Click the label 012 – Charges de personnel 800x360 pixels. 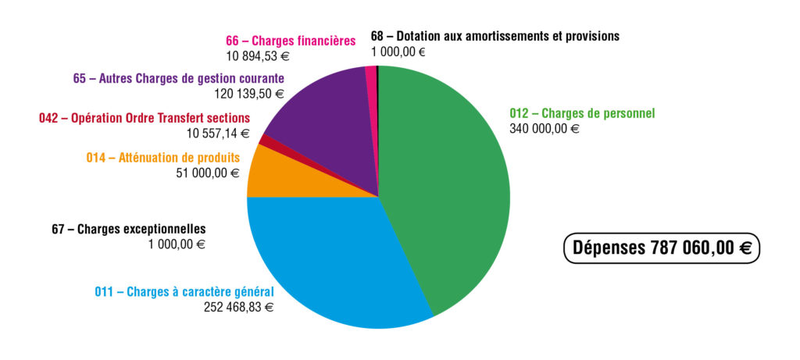(582, 113)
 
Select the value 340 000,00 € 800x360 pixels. (545, 129)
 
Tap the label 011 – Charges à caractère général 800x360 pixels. (184, 292)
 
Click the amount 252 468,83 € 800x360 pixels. (238, 307)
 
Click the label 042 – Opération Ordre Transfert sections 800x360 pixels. (145, 118)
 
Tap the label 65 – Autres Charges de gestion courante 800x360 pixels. (178, 78)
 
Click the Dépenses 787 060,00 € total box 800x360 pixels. (662, 248)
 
